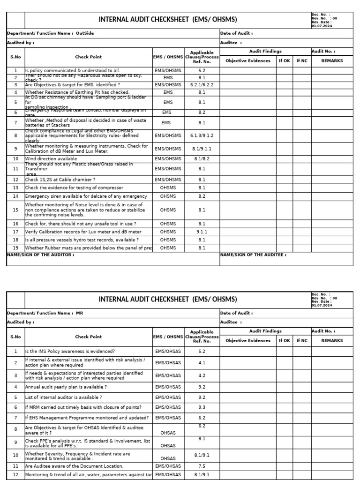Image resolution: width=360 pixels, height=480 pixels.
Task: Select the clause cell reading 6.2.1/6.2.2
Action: tap(202, 85)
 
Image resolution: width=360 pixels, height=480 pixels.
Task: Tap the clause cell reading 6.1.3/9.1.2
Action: tap(202, 136)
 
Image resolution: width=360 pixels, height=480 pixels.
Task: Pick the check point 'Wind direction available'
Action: tap(51, 159)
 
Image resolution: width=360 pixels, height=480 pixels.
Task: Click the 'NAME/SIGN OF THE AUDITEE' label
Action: tap(253, 255)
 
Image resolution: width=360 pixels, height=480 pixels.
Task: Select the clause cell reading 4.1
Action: tap(202, 362)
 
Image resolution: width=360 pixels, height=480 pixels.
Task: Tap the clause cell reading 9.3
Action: tap(202, 407)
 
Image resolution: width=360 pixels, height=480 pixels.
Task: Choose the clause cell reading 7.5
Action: tap(202, 466)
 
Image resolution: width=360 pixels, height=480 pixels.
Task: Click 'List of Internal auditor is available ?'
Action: tap(63, 397)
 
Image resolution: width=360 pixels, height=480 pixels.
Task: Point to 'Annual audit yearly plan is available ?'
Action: tap(66, 387)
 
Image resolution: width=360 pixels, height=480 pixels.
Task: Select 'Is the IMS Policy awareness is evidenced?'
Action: tap(70, 351)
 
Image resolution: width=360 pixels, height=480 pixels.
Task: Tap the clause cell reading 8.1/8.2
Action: tap(202, 159)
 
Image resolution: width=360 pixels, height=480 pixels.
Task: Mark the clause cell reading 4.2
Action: tap(202, 375)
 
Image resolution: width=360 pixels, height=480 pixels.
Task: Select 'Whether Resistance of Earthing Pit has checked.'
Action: tap(77, 93)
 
